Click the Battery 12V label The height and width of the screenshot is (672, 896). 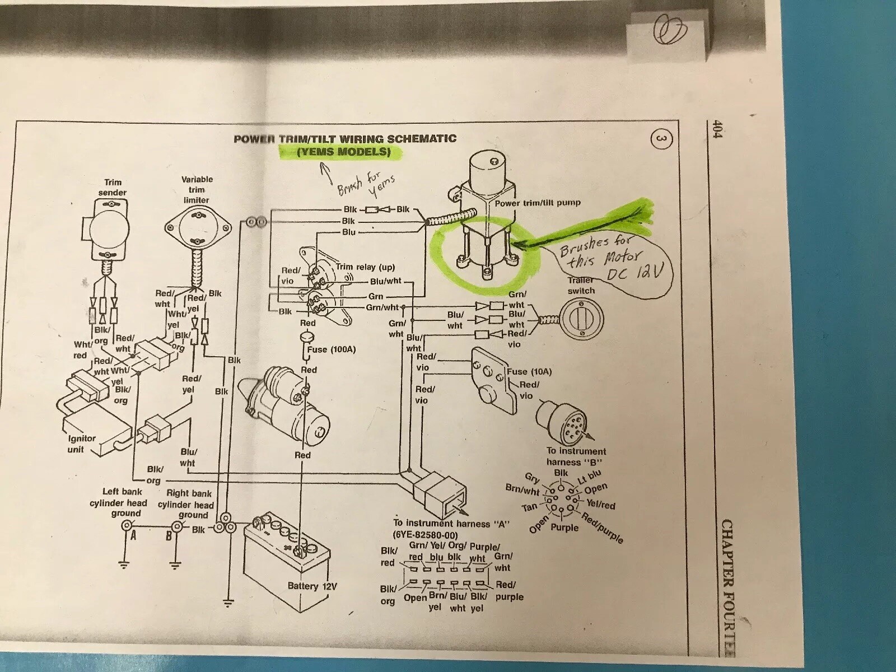[x=312, y=586]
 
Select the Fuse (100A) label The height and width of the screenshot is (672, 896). [x=331, y=350]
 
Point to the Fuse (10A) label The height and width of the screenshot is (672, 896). [x=529, y=371]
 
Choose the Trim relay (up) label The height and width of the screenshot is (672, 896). [x=365, y=268]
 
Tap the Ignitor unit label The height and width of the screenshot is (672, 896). [x=82, y=444]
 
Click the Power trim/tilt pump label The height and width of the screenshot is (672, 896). [x=538, y=203]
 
